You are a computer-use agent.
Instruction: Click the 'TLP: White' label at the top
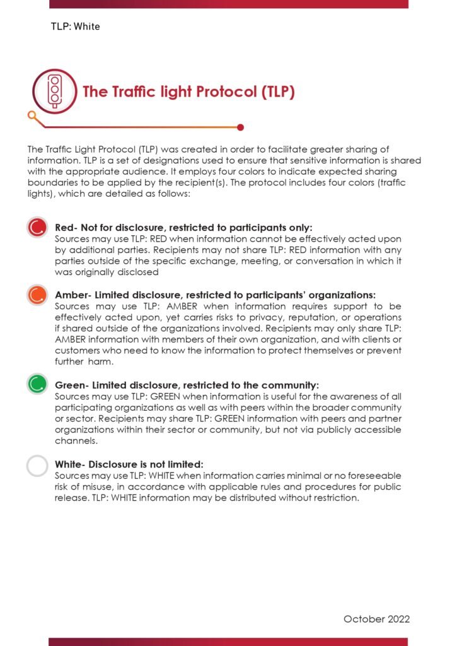(75, 27)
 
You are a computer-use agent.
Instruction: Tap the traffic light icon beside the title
(55, 91)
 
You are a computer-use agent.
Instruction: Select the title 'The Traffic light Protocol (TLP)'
(188, 92)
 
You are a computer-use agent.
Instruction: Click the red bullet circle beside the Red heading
(37, 227)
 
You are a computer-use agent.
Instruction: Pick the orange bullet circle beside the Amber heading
(37, 294)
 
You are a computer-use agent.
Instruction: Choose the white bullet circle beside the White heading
(37, 466)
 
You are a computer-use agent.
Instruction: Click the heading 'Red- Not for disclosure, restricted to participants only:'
(183, 227)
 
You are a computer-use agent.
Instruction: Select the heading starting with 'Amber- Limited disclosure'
(215, 295)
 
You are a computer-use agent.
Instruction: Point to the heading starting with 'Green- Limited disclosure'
(187, 385)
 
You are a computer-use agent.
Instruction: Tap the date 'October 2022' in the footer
(376, 619)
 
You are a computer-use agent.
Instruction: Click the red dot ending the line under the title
(241, 127)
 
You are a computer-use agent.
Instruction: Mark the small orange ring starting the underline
(32, 115)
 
